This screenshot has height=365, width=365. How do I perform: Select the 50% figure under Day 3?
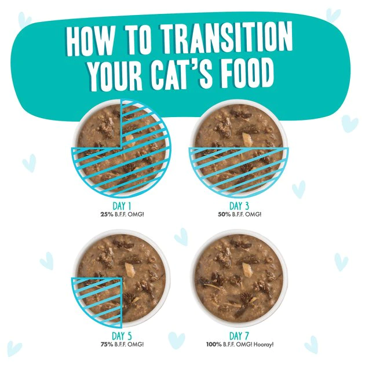225,214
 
